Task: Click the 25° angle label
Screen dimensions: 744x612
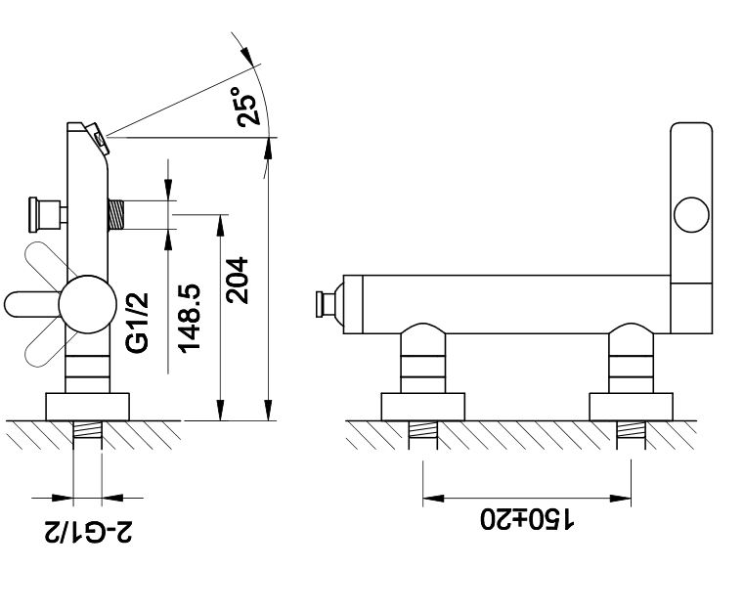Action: pyautogui.click(x=248, y=107)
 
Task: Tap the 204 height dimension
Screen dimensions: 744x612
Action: pyautogui.click(x=238, y=281)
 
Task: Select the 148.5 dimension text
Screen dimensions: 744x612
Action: pyautogui.click(x=190, y=318)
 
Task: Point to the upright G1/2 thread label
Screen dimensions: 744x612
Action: pyautogui.click(x=138, y=323)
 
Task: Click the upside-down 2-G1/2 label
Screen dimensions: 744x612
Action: pyautogui.click(x=89, y=532)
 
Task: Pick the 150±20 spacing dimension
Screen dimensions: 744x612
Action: pyautogui.click(x=527, y=518)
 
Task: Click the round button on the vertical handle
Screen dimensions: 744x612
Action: pyautogui.click(x=691, y=214)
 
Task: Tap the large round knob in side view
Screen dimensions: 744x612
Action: pyautogui.click(x=88, y=305)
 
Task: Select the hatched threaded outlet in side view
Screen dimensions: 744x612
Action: pyautogui.click(x=116, y=214)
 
